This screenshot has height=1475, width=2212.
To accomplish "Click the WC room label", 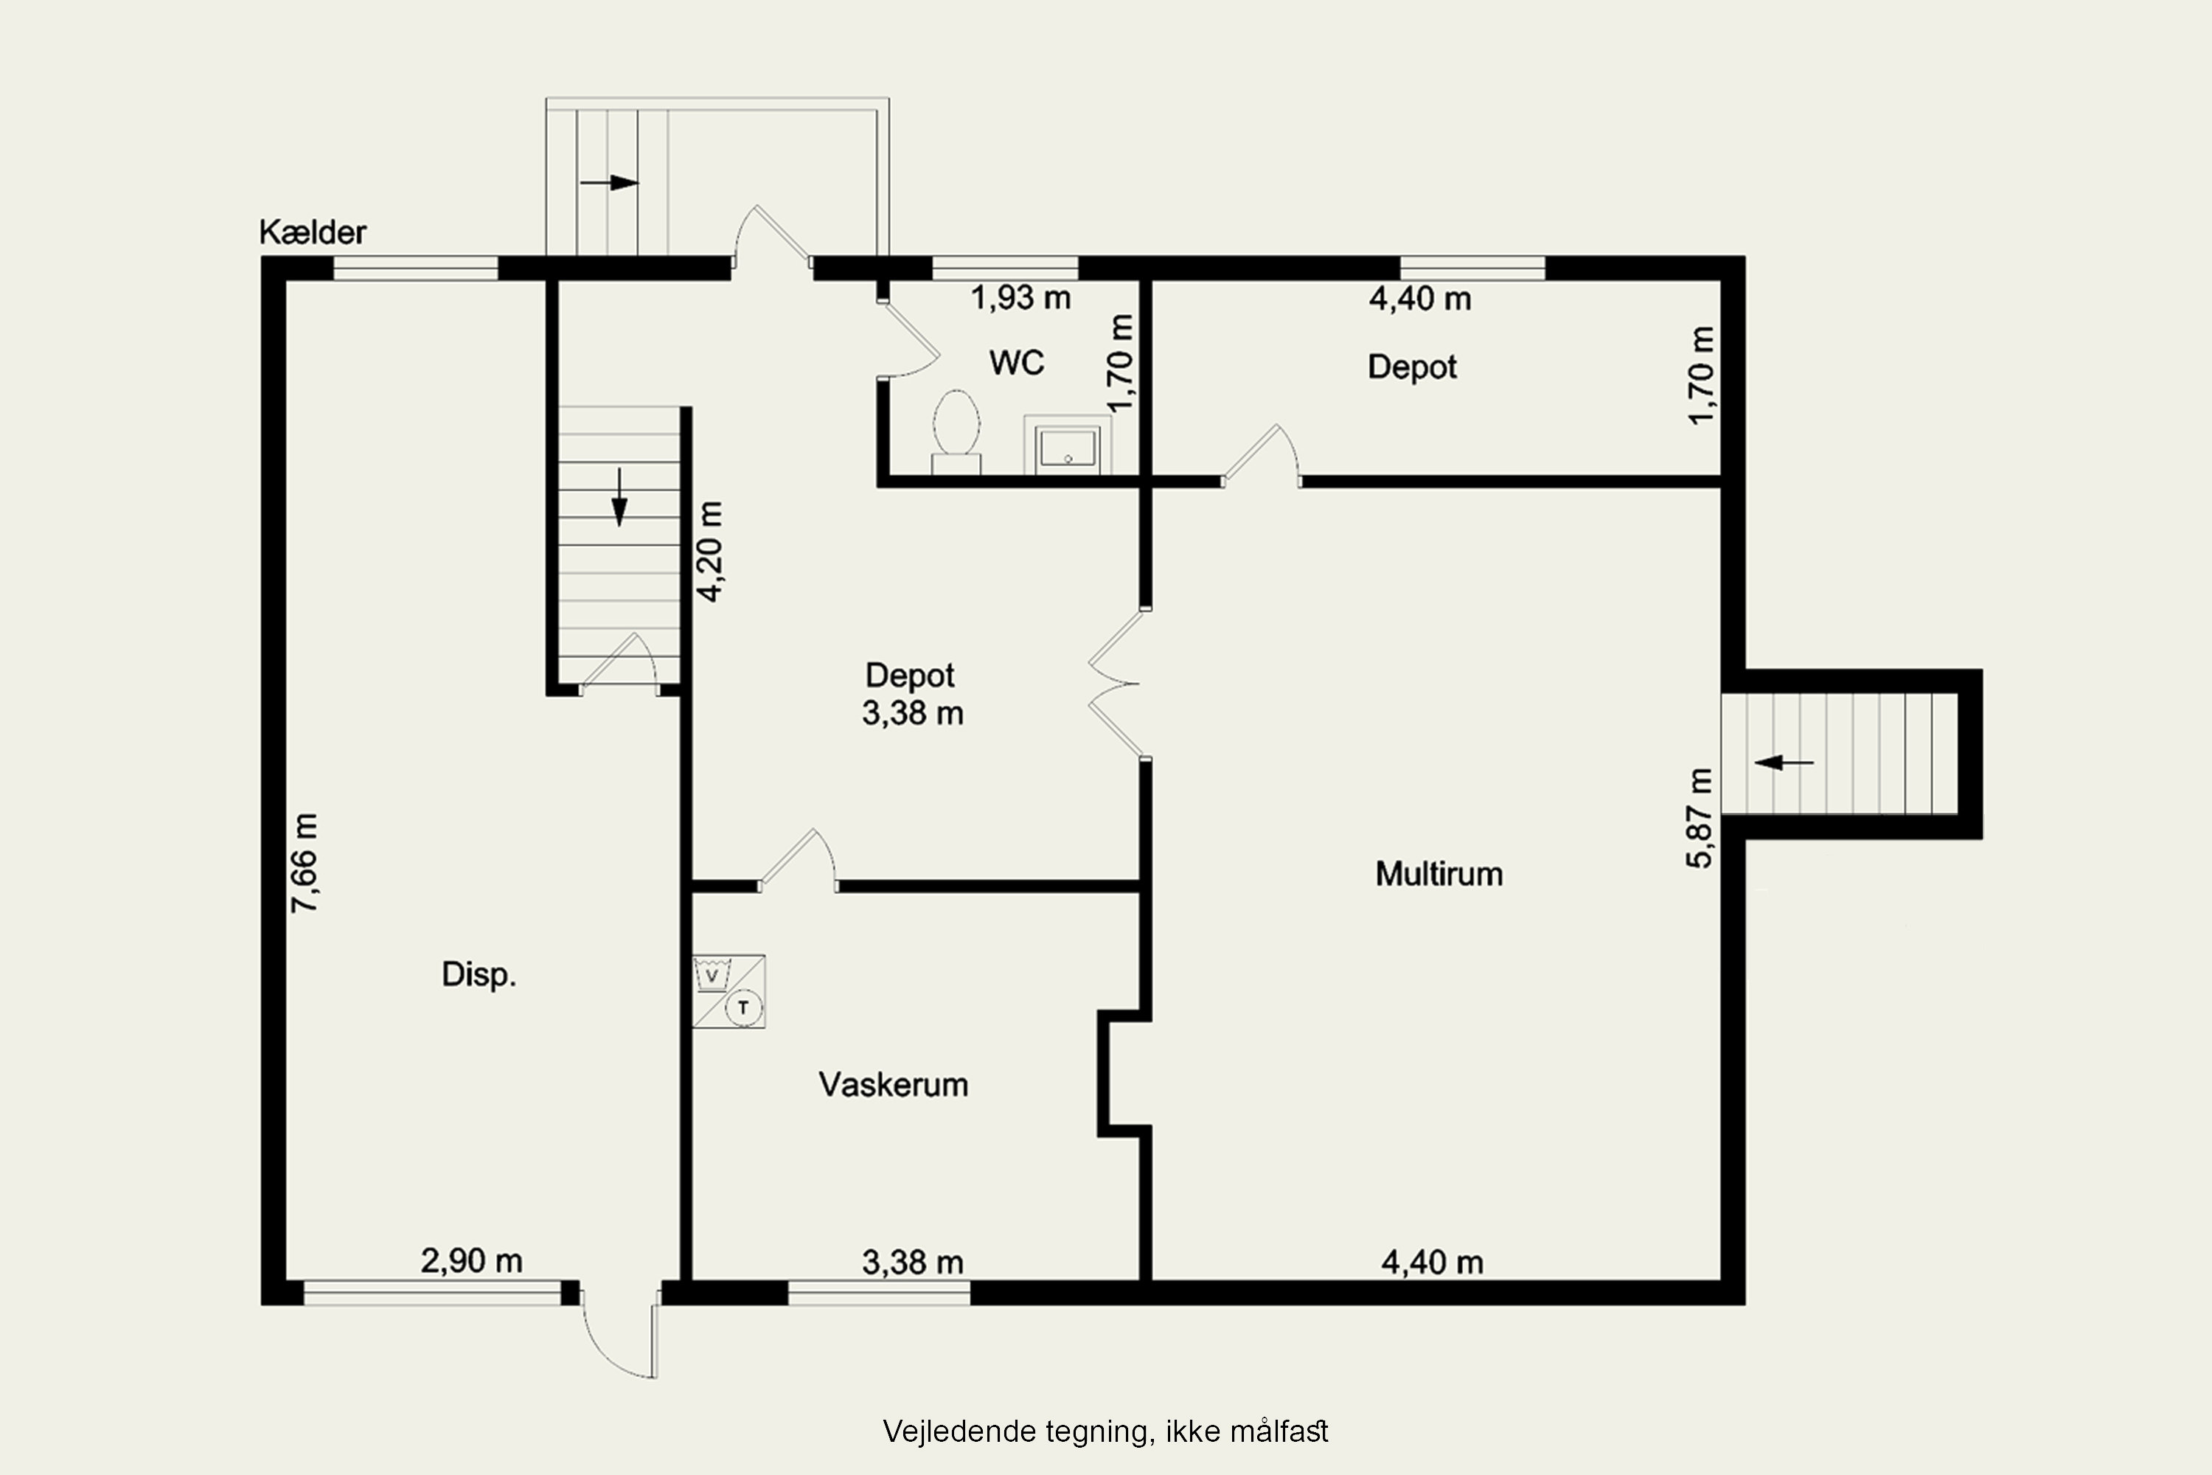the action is click(1017, 362).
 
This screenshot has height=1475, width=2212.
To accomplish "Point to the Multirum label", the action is click(1439, 874).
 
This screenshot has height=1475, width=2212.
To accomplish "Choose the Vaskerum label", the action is click(894, 1085).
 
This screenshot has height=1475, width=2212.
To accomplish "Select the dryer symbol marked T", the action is click(744, 1008).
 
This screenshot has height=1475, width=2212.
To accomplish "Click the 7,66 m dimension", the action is click(305, 863).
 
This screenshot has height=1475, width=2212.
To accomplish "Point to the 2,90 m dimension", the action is click(471, 1260).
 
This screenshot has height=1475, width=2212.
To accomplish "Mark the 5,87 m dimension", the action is click(1700, 817).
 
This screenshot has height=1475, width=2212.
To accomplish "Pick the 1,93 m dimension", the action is click(1020, 298).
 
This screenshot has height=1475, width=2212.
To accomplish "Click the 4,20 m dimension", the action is click(709, 551).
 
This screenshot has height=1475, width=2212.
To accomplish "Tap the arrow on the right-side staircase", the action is click(1784, 763).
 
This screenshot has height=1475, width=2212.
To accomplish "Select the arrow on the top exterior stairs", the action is click(610, 182).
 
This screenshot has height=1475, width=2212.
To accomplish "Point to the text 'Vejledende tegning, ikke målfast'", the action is click(1105, 1431).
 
